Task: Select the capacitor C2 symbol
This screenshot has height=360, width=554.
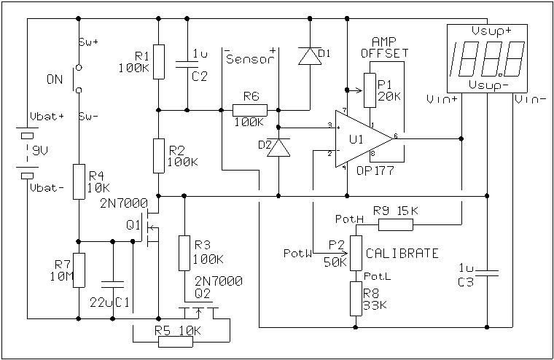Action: (188, 63)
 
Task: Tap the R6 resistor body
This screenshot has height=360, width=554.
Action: (250, 111)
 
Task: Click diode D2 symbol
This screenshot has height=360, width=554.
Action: (279, 148)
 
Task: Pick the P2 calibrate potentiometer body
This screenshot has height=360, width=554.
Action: (356, 252)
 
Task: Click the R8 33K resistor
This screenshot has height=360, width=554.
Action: (356, 299)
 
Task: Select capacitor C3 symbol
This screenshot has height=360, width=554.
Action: (487, 274)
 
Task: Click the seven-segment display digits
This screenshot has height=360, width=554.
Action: (488, 60)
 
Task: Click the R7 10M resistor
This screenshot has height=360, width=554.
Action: (78, 270)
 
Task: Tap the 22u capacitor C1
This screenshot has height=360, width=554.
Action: (113, 282)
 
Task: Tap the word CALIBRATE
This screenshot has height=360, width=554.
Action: (402, 254)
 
